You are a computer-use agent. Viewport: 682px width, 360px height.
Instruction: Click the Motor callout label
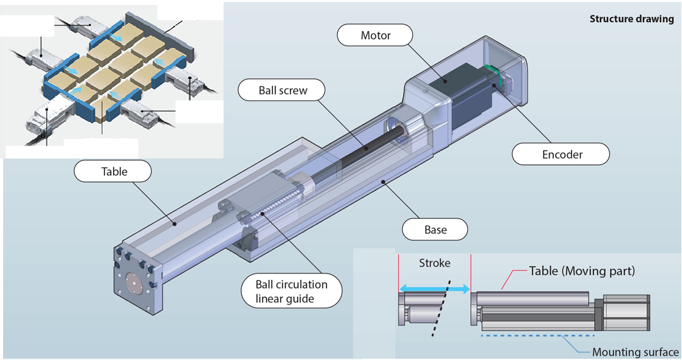tap(376, 35)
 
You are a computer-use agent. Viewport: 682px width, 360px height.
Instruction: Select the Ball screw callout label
tap(283, 90)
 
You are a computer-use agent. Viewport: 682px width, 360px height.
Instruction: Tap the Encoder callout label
tap(561, 154)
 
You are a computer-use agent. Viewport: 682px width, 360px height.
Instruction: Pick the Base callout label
tap(435, 229)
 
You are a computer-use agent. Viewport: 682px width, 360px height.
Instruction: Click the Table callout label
tap(114, 171)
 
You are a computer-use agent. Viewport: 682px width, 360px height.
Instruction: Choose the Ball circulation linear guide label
tap(292, 291)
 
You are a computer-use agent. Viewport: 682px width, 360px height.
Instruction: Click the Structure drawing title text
tap(631, 19)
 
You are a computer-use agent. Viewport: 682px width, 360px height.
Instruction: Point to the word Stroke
tap(434, 263)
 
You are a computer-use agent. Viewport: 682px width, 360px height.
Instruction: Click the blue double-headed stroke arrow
tap(434, 289)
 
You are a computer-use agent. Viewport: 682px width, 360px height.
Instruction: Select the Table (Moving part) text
tap(581, 271)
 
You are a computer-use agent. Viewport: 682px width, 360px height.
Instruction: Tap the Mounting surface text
tap(635, 352)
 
